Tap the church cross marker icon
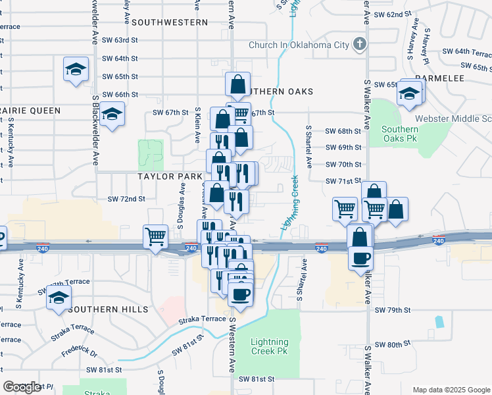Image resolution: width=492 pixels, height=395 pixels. [x=359, y=45]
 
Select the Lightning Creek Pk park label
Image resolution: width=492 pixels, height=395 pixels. [x=270, y=346]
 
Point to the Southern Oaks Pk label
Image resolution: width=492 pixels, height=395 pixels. [x=400, y=134]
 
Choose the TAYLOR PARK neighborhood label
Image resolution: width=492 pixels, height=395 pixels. [x=170, y=176]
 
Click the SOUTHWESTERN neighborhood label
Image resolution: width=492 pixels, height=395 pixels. [x=170, y=22]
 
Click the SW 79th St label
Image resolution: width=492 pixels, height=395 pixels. [x=393, y=309]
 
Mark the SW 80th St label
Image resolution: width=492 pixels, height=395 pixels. [x=393, y=345]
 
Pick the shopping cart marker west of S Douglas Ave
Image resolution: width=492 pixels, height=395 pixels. [x=156, y=235]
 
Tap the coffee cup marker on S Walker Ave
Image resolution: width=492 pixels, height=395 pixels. [x=360, y=257]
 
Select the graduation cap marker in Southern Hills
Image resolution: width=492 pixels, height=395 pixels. [x=59, y=298]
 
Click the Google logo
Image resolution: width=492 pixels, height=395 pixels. [x=22, y=387]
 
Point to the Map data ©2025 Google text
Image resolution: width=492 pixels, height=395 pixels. [x=451, y=389]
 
